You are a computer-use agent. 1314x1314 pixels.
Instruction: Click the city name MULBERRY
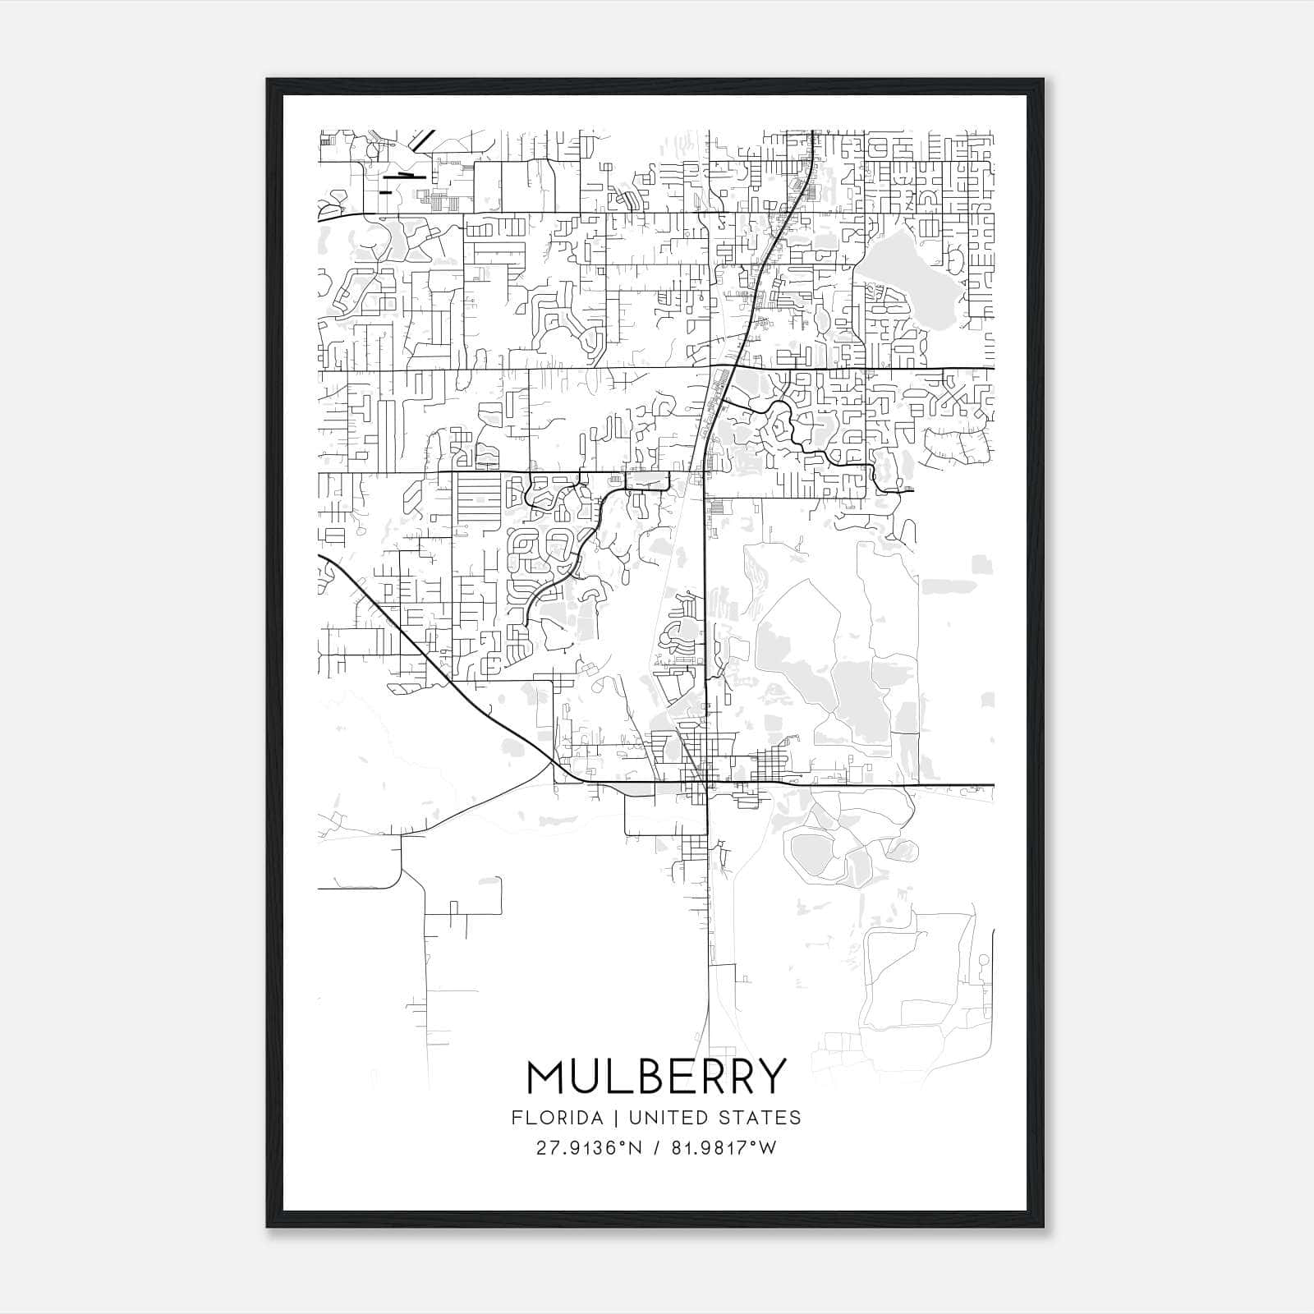coord(656,1077)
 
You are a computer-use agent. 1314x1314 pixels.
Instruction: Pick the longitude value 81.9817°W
coord(724,1147)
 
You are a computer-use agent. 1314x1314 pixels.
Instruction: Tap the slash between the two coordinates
coord(656,1147)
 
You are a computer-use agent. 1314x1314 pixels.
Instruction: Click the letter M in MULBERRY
coord(544,1077)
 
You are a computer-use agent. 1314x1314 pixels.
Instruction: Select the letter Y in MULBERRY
coord(772,1077)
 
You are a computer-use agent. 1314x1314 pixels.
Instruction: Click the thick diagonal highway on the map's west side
coord(427,657)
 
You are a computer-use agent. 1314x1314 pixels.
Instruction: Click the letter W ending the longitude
coord(768,1147)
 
